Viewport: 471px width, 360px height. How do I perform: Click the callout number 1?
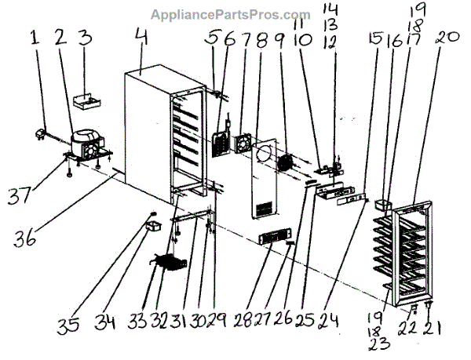coord(35,38)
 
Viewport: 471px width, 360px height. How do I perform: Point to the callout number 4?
coord(141,37)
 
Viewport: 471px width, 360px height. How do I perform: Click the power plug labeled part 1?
coord(38,133)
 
